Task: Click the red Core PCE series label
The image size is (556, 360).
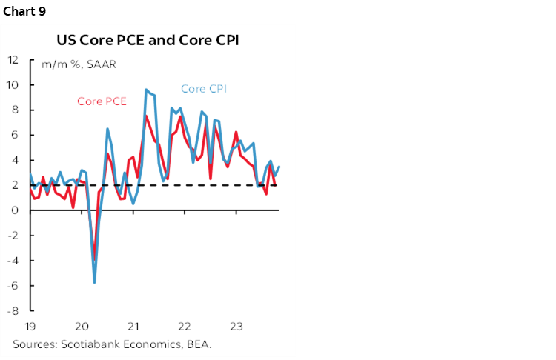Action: tap(102, 101)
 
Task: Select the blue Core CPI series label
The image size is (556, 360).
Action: tap(203, 89)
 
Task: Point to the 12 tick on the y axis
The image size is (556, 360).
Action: tap(14, 59)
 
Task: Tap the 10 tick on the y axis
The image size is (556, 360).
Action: tap(14, 84)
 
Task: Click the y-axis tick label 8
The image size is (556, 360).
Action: tap(16, 110)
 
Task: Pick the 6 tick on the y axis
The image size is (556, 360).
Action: tap(16, 135)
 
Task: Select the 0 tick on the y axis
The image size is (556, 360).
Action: tap(16, 210)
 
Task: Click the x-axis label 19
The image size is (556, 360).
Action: tap(30, 327)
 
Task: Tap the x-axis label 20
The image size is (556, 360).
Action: tap(82, 327)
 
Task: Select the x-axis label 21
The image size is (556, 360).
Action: tap(133, 327)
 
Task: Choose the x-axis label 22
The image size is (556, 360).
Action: tap(185, 327)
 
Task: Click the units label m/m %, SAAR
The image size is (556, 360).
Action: tap(73, 64)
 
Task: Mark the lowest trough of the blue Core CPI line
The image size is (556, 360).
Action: tap(94, 282)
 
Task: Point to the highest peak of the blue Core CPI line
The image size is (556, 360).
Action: tap(146, 90)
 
